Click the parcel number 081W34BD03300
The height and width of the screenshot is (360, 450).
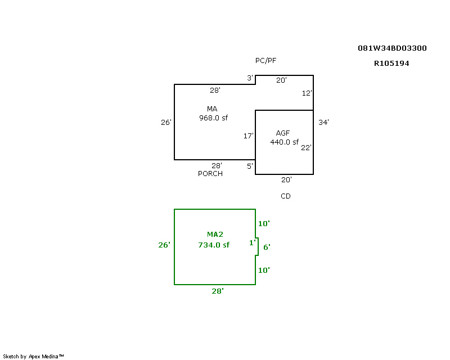(x=392, y=48)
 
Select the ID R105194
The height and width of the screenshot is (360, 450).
(x=391, y=64)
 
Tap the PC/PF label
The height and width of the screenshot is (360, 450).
(x=266, y=60)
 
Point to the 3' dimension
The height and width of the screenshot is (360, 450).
(x=250, y=78)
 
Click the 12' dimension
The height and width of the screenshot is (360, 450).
(x=307, y=93)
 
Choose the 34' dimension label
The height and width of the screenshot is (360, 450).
(x=323, y=121)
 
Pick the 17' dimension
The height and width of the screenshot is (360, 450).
(x=248, y=136)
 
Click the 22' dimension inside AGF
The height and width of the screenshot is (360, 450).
(x=306, y=147)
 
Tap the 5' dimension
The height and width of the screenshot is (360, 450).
(x=250, y=166)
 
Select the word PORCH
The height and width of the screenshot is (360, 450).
(x=210, y=174)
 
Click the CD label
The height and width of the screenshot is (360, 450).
(x=286, y=196)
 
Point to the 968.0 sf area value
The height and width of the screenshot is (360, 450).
(x=213, y=118)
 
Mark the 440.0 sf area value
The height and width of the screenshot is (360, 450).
(x=284, y=142)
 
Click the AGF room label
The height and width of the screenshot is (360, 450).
(x=283, y=133)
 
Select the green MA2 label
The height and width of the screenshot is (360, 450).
(x=215, y=234)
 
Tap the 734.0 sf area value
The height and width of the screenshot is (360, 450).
(x=214, y=245)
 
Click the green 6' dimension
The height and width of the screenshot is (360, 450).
(x=267, y=246)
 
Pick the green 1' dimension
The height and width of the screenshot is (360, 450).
(x=252, y=243)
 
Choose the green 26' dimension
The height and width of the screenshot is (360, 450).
(x=164, y=245)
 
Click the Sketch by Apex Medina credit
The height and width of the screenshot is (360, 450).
(x=34, y=356)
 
